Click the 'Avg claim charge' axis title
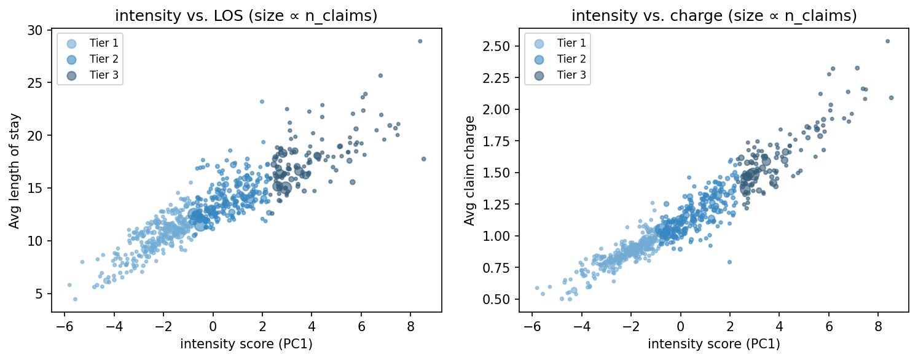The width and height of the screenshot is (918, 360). (x=470, y=171)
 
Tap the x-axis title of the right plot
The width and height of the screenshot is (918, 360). (x=713, y=345)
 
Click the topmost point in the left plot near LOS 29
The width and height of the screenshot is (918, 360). (x=420, y=41)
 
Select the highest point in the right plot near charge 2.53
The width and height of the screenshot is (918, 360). (x=887, y=41)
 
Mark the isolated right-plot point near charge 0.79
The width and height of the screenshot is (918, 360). (x=729, y=262)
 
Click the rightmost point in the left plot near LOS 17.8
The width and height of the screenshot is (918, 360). (x=423, y=159)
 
